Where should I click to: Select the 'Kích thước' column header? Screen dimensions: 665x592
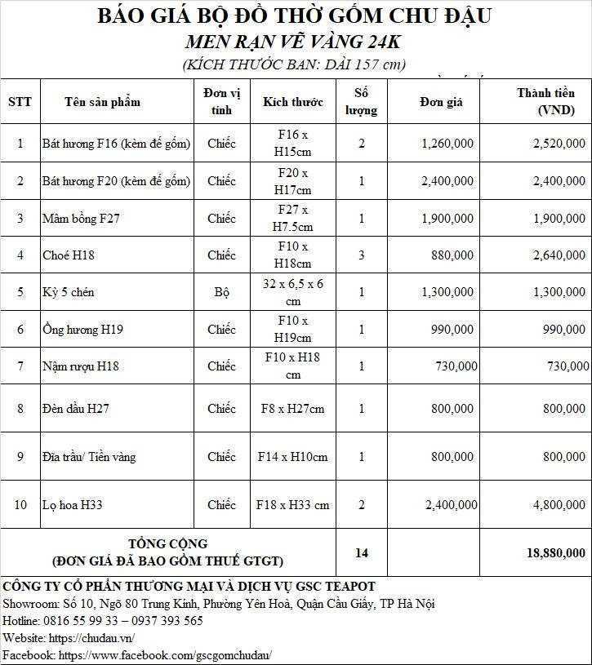[x=292, y=101]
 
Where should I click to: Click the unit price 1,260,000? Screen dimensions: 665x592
[x=447, y=144]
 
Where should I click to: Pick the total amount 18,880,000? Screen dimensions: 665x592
[x=556, y=552]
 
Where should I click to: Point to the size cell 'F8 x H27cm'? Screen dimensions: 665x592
[x=292, y=409]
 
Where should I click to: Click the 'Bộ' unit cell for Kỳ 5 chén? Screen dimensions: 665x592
[x=221, y=292]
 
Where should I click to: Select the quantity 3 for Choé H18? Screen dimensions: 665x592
[x=362, y=255]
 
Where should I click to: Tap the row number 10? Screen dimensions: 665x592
[x=20, y=505]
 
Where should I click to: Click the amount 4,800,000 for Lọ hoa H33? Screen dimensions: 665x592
[x=558, y=505]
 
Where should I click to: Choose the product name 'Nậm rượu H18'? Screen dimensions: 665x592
[x=80, y=366]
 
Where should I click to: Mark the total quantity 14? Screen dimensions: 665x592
[x=362, y=552]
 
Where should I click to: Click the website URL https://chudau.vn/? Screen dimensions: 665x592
[x=92, y=637]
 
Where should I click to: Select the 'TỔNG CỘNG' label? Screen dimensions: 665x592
[x=168, y=543]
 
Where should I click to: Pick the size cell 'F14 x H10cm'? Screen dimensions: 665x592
[x=292, y=457]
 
